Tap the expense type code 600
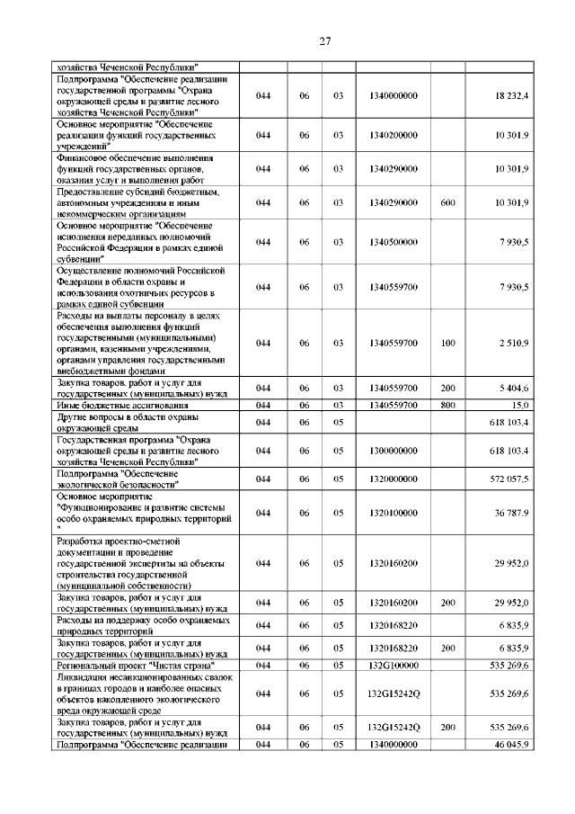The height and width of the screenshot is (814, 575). [x=448, y=203]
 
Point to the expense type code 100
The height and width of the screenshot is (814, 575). [x=448, y=343]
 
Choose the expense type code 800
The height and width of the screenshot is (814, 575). [x=448, y=406]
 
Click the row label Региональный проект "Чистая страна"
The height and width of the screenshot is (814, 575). [x=134, y=665]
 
